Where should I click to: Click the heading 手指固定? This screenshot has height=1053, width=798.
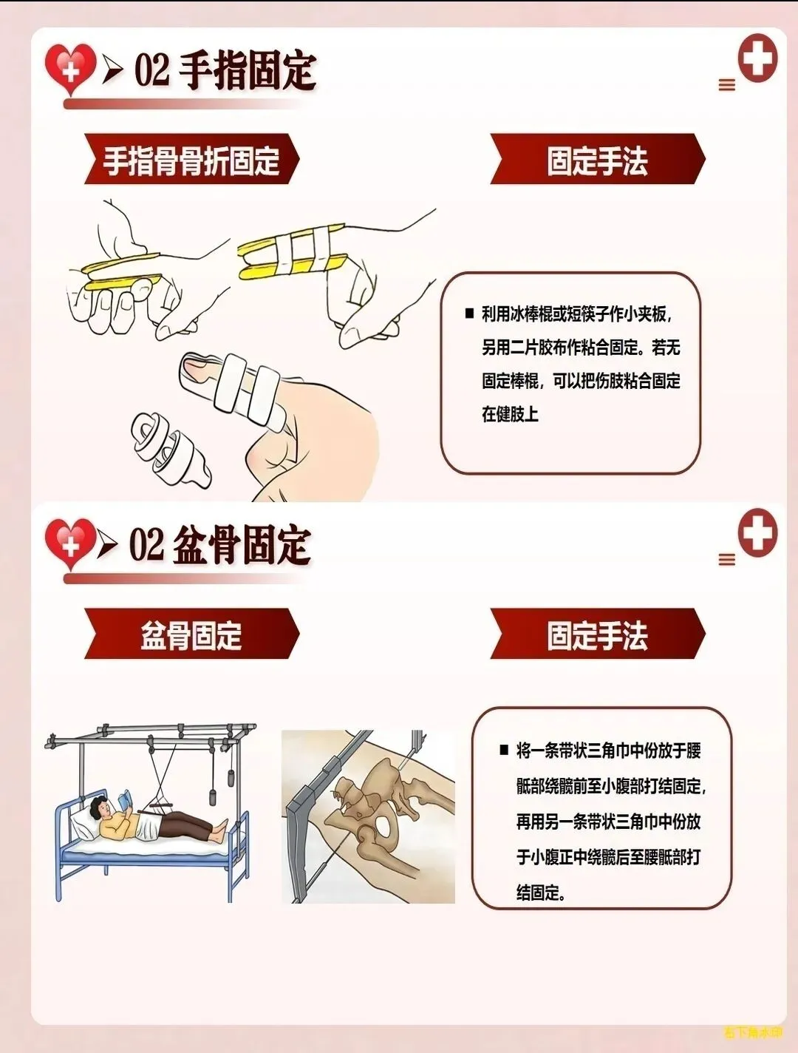tap(248, 72)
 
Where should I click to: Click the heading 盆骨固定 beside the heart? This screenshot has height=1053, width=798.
tap(242, 546)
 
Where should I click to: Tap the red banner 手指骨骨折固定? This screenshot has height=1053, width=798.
tap(191, 159)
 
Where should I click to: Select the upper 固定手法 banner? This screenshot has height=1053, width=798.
tap(598, 159)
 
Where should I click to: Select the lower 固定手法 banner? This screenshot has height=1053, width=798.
tap(598, 634)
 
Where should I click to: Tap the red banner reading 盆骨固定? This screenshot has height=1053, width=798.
tap(191, 634)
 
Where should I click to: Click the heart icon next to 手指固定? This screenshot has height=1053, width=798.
tap(70, 69)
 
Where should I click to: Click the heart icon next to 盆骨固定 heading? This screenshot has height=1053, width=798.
tap(70, 544)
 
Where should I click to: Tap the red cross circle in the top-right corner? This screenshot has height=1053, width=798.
tap(757, 58)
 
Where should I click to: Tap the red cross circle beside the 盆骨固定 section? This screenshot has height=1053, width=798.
tap(757, 532)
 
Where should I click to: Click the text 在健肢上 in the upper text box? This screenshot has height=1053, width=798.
tap(510, 414)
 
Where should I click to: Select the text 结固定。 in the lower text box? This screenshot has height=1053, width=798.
tap(541, 893)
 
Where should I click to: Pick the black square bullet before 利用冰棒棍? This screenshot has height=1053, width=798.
tap(470, 314)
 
